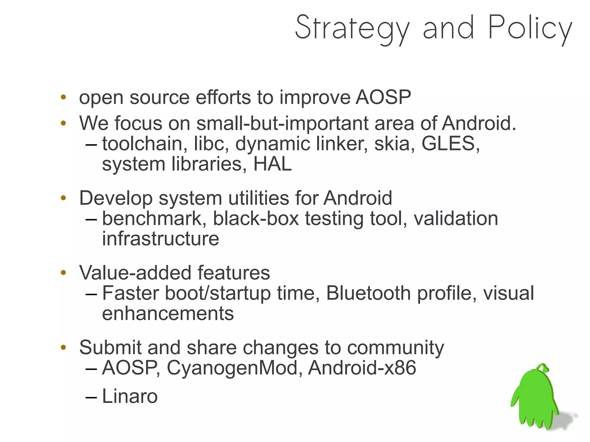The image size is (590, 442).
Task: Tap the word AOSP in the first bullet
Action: tap(383, 97)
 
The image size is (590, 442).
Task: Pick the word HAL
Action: tap(272, 164)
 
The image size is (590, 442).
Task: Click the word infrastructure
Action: tap(160, 239)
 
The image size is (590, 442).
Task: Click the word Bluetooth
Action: tap(368, 293)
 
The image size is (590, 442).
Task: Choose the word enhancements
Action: tap(168, 314)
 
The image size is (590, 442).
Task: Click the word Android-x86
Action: tap(362, 368)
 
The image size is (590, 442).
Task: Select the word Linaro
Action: tap(130, 396)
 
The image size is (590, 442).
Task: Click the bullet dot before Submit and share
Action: tap(63, 348)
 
